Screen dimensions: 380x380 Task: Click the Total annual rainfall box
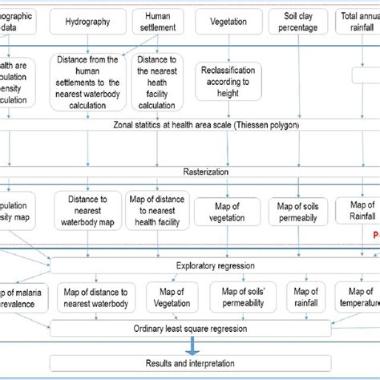click(x=358, y=22)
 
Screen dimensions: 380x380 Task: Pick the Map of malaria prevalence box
click(x=19, y=297)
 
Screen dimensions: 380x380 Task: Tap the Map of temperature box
click(x=358, y=297)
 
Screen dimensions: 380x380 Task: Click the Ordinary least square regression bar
click(x=190, y=327)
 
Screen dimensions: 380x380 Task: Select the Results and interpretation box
click(x=190, y=363)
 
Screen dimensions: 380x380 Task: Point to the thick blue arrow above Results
click(x=191, y=345)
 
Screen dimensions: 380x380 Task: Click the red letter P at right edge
click(x=375, y=236)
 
